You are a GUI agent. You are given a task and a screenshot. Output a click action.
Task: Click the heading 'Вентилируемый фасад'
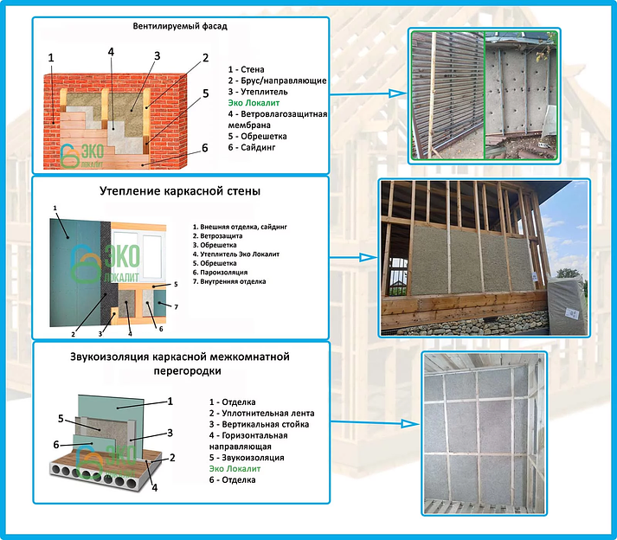(x=180, y=26)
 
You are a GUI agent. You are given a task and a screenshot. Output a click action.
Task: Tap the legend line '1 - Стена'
(x=247, y=69)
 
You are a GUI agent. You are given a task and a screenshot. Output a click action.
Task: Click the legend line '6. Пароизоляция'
(x=222, y=270)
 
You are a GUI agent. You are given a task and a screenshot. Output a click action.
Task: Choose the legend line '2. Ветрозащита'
(x=217, y=235)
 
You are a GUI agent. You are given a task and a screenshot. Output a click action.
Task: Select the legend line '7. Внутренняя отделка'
(x=230, y=281)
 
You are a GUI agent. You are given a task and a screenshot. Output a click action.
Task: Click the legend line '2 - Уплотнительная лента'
(x=263, y=413)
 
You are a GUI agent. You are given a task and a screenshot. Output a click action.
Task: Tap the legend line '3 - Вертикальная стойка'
(x=259, y=424)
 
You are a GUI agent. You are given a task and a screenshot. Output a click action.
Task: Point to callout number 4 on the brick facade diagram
(x=111, y=51)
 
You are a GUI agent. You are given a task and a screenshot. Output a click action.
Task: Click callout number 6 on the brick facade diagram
(x=204, y=148)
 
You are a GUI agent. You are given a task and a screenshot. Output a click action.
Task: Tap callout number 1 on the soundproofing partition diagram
(x=170, y=401)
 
